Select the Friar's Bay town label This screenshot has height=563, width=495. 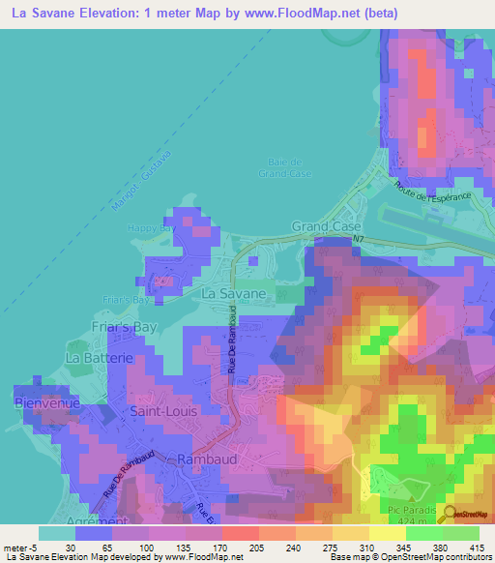pyautogui.click(x=125, y=327)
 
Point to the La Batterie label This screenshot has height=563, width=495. pyautogui.click(x=98, y=357)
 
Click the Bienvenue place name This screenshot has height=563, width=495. pyautogui.click(x=46, y=401)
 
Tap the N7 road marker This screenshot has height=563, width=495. pyautogui.click(x=358, y=238)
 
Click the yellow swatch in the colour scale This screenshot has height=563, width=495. pyautogui.click(x=387, y=533)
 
